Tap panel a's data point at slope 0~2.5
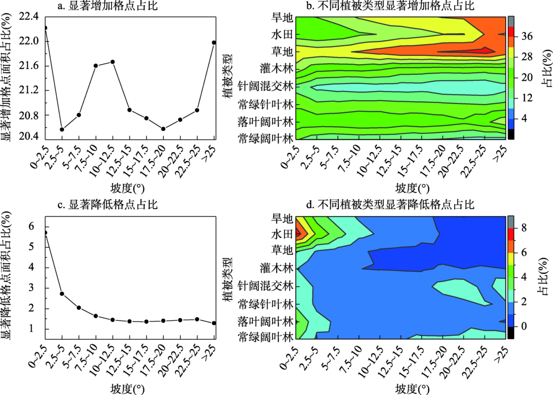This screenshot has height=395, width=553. point(45,28)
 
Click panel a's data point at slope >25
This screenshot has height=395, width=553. point(213,43)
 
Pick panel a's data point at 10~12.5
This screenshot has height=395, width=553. point(113,61)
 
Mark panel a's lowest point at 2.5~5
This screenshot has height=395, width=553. point(62,129)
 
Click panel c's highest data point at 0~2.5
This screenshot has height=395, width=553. point(45,233)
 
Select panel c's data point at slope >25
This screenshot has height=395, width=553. point(213,323)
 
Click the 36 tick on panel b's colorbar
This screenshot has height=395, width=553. point(527,37)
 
